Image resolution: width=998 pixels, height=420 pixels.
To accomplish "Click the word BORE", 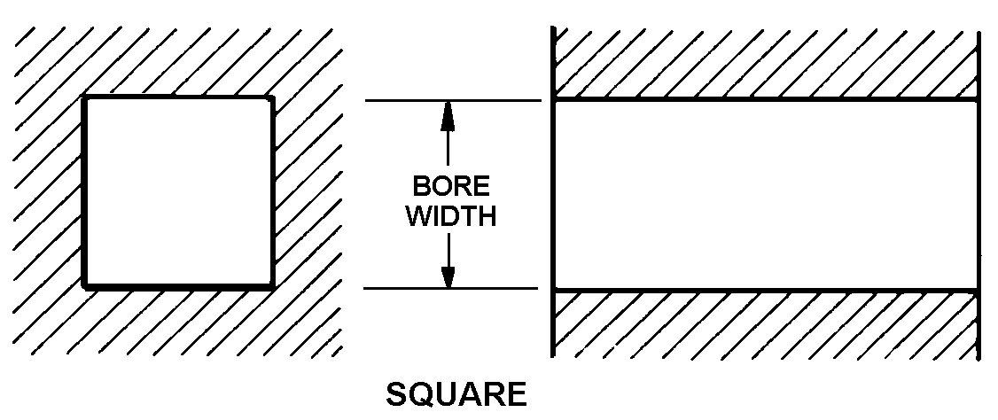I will pyautogui.click(x=449, y=187).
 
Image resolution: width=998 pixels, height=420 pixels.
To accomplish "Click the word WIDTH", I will pyautogui.click(x=449, y=216).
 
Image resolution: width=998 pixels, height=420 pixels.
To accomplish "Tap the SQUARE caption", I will pyautogui.click(x=456, y=393).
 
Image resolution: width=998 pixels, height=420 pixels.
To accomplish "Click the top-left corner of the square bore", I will pyautogui.click(x=84, y=97).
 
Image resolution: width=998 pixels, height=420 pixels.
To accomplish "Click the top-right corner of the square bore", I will pyautogui.click(x=272, y=97).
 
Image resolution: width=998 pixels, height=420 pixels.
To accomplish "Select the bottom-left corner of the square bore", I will pyautogui.click(x=84, y=286).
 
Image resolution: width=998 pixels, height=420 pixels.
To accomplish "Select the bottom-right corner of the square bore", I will pyautogui.click(x=272, y=286).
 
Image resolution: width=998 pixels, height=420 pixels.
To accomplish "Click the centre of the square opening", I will pyautogui.click(x=178, y=192).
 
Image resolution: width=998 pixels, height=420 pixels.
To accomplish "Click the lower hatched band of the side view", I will pyautogui.click(x=765, y=324).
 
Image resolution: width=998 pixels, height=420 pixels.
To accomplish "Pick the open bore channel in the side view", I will pyautogui.click(x=765, y=195).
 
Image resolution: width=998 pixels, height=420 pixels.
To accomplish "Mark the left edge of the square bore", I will pyautogui.click(x=84, y=192).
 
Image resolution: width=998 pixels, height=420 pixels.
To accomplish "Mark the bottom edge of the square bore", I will pyautogui.click(x=178, y=286).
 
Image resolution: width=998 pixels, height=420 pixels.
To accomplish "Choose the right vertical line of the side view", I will pyautogui.click(x=979, y=195).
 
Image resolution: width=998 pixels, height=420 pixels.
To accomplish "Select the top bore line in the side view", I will pyautogui.click(x=765, y=100).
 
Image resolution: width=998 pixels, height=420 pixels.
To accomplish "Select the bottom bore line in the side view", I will pyautogui.click(x=765, y=290).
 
